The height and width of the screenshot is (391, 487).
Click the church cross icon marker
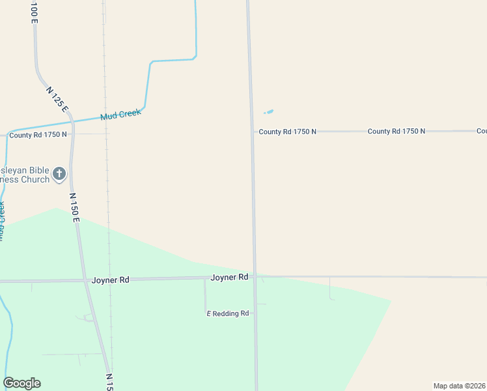(59, 173)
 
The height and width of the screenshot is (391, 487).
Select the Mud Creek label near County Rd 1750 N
(120, 115)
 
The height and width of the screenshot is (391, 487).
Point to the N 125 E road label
(57, 98)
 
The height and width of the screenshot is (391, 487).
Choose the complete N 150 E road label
(75, 207)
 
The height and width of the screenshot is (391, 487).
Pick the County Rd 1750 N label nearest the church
(38, 135)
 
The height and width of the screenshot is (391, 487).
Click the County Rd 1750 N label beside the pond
(287, 132)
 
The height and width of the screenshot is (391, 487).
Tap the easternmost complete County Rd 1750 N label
(396, 131)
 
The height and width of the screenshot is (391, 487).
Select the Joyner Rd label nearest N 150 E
(110, 280)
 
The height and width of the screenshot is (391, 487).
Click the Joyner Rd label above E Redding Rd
(229, 278)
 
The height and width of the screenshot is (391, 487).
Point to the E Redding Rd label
(228, 313)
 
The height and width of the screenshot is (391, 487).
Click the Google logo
(22, 383)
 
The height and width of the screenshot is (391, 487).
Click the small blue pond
(268, 111)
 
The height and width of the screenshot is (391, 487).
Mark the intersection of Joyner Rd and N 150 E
(85, 280)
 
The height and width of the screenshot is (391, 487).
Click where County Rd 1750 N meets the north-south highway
(253, 132)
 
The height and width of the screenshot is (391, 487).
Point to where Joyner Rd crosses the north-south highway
(255, 277)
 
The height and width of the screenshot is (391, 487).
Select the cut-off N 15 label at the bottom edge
(109, 382)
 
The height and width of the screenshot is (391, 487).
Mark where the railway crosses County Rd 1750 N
(106, 134)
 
